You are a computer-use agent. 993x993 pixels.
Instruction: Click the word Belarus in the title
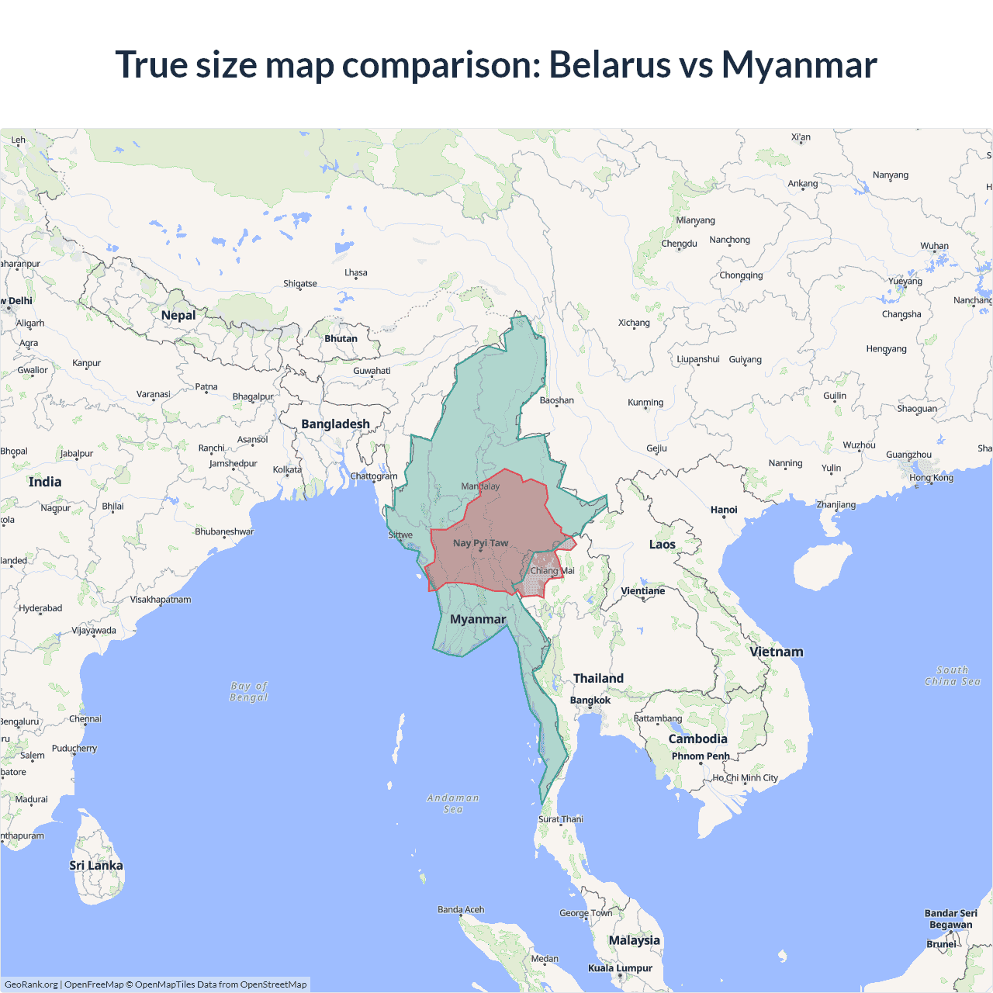610,64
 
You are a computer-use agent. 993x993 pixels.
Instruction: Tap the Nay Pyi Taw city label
480,543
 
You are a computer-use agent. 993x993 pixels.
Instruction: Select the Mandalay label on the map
480,486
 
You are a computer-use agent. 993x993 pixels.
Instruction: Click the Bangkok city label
590,701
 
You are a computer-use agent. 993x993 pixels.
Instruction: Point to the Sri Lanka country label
96,866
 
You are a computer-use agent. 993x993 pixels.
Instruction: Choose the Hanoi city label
724,510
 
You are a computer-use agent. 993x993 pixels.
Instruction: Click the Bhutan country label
341,339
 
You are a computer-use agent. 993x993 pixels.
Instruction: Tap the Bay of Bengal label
249,691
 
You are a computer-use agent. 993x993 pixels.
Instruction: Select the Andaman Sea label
453,804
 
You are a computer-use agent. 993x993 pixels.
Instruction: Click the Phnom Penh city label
701,756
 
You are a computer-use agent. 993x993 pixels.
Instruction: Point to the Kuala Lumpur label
620,968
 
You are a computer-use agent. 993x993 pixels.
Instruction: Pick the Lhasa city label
356,273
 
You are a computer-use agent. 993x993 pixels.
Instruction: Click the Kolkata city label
287,470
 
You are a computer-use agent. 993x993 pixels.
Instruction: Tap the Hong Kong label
931,478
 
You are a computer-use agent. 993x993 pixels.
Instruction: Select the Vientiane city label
643,591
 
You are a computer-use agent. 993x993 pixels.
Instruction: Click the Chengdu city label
680,244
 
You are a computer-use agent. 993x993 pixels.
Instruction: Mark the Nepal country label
178,315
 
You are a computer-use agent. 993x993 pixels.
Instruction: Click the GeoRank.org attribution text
31,984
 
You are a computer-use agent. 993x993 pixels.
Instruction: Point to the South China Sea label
953,676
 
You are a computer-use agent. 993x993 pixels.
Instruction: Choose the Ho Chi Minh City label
746,778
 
